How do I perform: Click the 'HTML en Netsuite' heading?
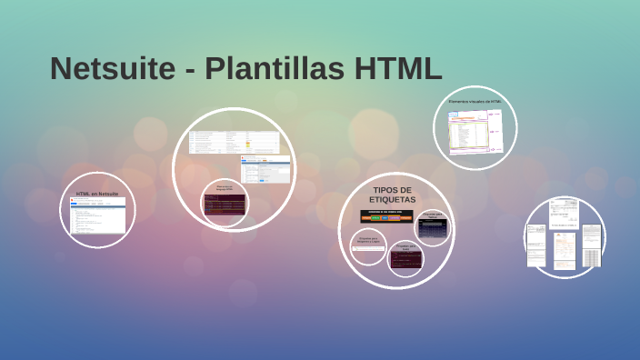[x=97, y=194]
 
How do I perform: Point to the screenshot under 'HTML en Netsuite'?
[x=98, y=216]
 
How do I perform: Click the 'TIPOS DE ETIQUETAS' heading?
[x=393, y=194]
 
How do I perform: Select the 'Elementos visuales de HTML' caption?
[x=475, y=102]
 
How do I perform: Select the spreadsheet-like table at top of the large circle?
[x=234, y=141]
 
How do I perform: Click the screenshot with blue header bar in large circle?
[x=265, y=169]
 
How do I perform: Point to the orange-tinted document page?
[x=564, y=245]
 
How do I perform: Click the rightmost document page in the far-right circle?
[x=591, y=245]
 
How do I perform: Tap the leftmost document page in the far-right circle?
[x=537, y=246]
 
